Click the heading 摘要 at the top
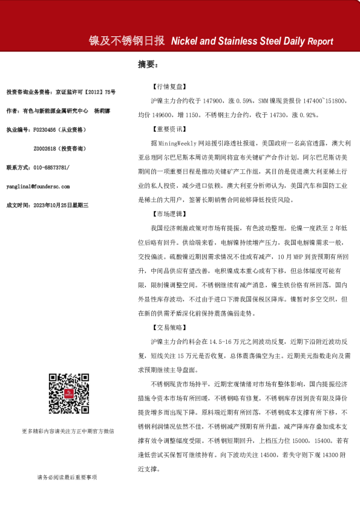tap(148, 63)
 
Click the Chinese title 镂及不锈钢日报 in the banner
tap(126, 41)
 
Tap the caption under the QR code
tap(67, 431)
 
